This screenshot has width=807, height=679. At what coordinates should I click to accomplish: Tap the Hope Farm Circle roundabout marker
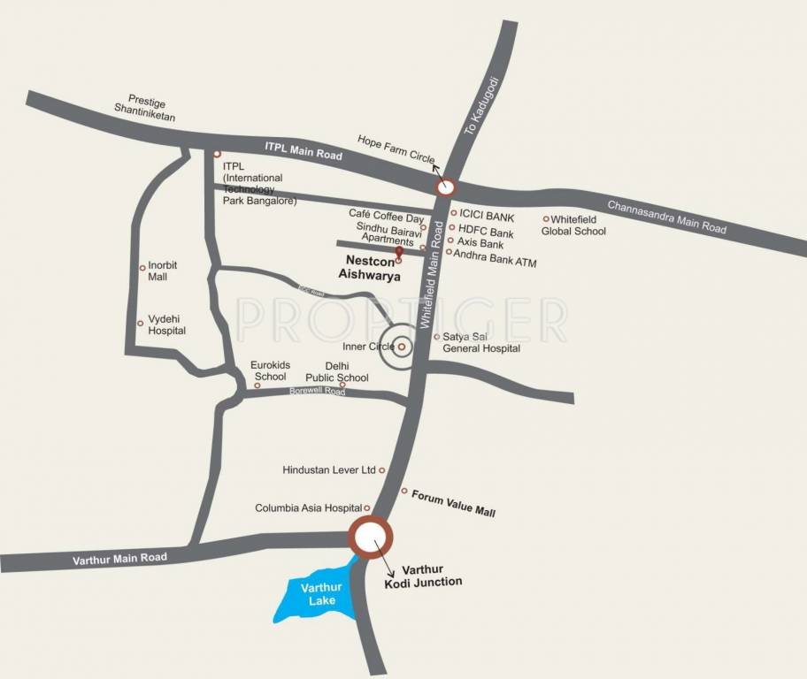point(445,187)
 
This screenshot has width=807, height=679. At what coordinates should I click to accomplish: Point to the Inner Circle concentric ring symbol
point(401,347)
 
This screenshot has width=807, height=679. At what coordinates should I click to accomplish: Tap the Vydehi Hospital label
point(167,324)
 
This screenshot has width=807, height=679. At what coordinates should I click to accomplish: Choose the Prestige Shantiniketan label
point(145,109)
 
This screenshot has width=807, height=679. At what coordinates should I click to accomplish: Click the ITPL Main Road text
point(304,150)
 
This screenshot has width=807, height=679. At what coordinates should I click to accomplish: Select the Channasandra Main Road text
point(666,217)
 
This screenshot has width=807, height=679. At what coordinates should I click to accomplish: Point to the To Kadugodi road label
point(482,106)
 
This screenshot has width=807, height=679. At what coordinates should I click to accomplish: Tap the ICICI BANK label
point(487,215)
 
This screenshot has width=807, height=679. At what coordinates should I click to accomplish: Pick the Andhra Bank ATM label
point(495,263)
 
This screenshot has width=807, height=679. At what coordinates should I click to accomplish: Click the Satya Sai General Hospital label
point(481,342)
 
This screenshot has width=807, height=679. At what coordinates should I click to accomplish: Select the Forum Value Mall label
point(454,507)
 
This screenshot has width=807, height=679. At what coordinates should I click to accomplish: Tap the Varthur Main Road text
point(120,558)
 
